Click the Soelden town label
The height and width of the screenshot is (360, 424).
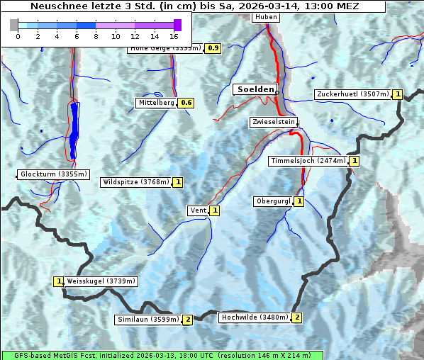(255, 89)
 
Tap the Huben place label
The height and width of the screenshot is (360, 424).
(266, 16)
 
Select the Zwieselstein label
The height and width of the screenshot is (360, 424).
(273, 122)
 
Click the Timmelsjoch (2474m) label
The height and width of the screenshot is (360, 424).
(308, 161)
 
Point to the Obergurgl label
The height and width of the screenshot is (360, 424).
(273, 201)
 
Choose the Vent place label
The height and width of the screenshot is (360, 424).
(198, 210)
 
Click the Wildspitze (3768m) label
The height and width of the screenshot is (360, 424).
(136, 182)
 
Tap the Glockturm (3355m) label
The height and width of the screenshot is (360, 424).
(54, 174)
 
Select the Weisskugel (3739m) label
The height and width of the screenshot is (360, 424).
(101, 281)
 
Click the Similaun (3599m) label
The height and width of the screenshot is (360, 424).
(148, 320)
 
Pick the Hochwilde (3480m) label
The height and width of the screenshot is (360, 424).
(255, 317)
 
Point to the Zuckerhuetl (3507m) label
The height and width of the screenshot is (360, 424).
(353, 94)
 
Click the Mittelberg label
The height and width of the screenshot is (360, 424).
(156, 103)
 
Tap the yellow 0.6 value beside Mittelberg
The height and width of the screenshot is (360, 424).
(186, 103)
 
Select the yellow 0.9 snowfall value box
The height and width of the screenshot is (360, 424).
(213, 48)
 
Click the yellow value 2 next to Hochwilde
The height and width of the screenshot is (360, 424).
(297, 317)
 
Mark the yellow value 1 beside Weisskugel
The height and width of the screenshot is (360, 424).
(59, 281)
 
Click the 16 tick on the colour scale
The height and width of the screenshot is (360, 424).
(174, 35)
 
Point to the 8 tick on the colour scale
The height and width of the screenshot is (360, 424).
(96, 35)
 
